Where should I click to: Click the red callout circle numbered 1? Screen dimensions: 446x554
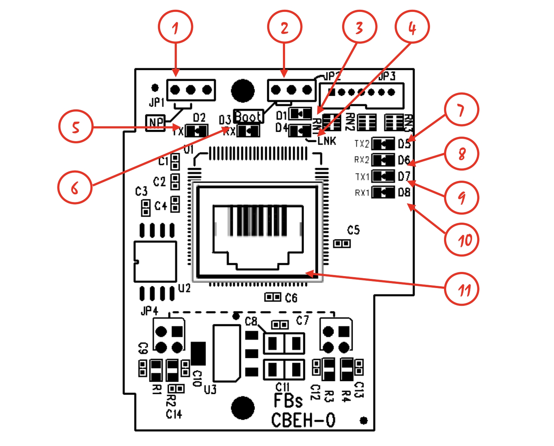[x=175, y=27]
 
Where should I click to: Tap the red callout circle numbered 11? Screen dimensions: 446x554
[x=462, y=289]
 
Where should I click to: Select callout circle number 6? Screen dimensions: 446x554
[x=75, y=188]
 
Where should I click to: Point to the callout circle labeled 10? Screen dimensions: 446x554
[x=462, y=240]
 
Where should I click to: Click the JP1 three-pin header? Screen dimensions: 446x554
[x=191, y=90]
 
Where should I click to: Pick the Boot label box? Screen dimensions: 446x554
[x=248, y=116]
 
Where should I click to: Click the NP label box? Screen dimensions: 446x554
[x=155, y=122]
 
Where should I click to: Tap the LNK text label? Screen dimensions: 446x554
[x=327, y=141]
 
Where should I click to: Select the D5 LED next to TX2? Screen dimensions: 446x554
[x=383, y=144]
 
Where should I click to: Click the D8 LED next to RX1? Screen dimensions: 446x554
[x=383, y=192]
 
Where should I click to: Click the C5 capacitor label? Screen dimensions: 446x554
[x=353, y=230]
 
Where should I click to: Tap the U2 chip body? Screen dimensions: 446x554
[x=155, y=261]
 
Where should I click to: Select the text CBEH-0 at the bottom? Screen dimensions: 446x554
[x=303, y=420]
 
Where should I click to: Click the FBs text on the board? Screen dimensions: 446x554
[x=288, y=401]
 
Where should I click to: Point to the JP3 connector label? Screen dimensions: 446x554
[x=387, y=76]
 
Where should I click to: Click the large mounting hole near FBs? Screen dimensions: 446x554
[x=243, y=408]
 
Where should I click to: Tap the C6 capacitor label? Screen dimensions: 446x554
[x=291, y=298]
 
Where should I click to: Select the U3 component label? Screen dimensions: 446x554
[x=210, y=389]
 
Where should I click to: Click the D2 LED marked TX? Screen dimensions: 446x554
[x=196, y=131]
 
